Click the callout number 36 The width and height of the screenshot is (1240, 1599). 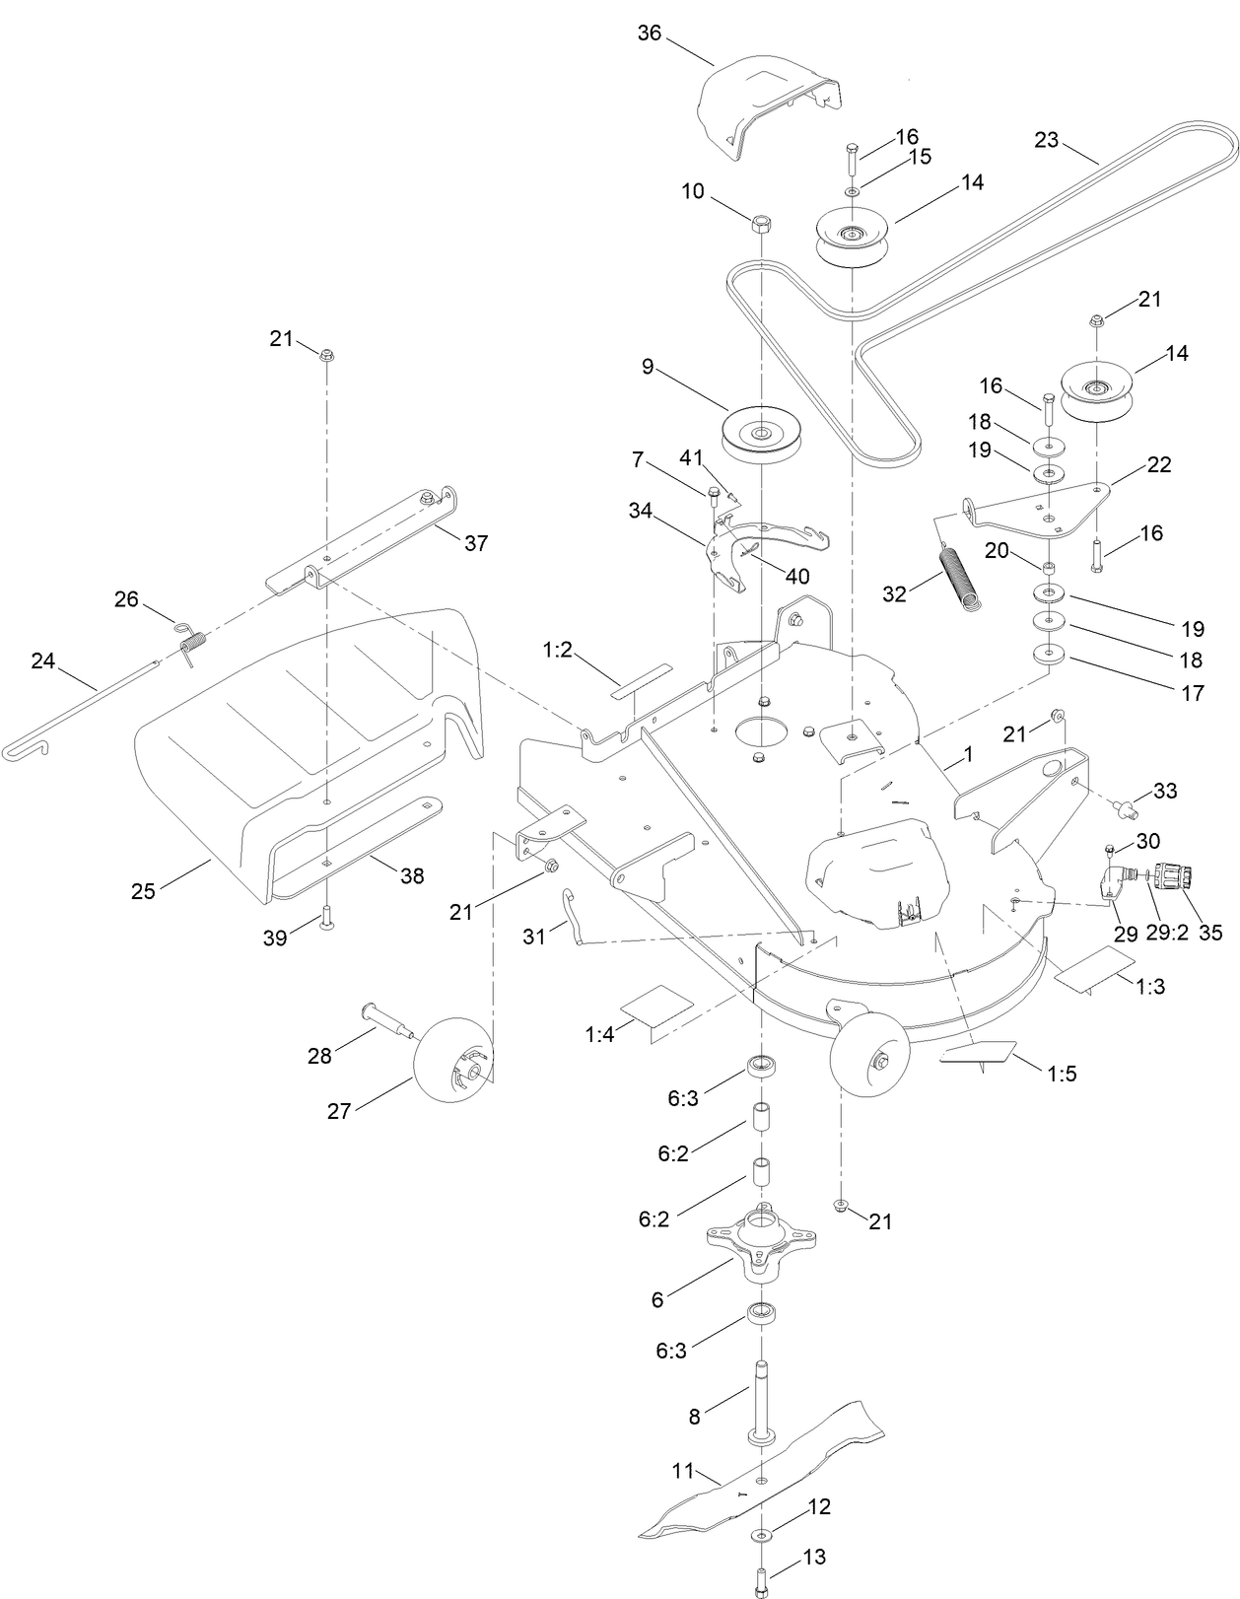[650, 33]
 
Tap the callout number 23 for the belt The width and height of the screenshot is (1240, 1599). [1046, 140]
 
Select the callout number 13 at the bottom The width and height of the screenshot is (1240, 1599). [814, 1558]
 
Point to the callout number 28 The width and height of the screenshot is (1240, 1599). [319, 1056]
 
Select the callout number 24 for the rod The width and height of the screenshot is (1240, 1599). [42, 661]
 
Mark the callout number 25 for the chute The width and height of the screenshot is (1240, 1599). [143, 891]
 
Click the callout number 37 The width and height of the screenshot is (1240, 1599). [476, 543]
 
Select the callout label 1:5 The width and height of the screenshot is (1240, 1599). [1062, 1074]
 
